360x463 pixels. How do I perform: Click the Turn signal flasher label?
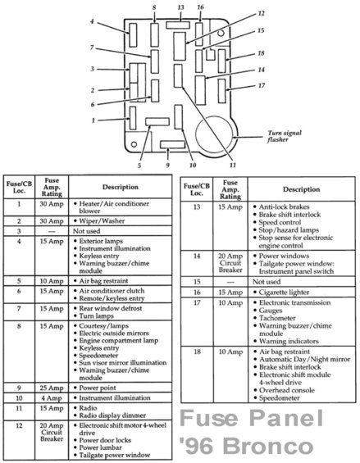[285, 136]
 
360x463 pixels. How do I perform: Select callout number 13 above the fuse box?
[180, 7]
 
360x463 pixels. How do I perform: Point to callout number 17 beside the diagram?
[262, 85]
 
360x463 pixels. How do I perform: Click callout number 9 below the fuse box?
[167, 165]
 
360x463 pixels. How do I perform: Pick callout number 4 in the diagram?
[92, 21]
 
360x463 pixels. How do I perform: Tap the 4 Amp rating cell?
[52, 398]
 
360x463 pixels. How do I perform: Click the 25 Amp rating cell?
[52, 388]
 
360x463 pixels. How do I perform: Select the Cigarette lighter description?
[284, 293]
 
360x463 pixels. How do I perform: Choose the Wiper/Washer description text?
[102, 221]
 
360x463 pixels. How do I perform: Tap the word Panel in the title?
[286, 418]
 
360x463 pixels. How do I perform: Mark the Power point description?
[98, 388]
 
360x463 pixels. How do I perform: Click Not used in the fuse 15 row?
[267, 282]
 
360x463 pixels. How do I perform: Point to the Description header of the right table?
[301, 189]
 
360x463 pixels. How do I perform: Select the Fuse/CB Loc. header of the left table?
[19, 187]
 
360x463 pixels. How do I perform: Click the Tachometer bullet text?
[277, 318]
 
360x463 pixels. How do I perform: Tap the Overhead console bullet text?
[287, 390]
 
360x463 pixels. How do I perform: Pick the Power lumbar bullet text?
[100, 447]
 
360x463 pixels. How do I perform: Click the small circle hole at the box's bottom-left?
[134, 144]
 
